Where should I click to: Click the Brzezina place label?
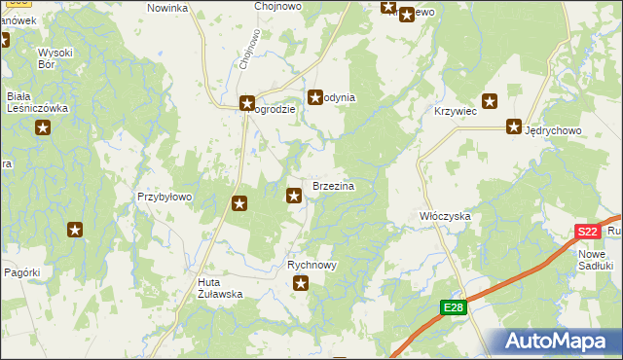point(332,185)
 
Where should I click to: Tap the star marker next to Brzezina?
point(294,197)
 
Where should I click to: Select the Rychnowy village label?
point(312,265)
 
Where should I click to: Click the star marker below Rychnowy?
point(302,284)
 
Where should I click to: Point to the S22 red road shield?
point(586,232)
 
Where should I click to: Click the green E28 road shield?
point(453,307)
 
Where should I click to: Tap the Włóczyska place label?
point(445,215)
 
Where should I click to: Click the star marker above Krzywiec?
point(490,100)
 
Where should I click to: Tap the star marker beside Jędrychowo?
point(513,126)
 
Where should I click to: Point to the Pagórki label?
point(21,272)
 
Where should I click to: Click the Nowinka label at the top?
point(166,8)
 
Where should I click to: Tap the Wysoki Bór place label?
point(55,58)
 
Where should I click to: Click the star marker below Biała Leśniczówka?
point(42,128)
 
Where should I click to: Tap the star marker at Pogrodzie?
point(247,101)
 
